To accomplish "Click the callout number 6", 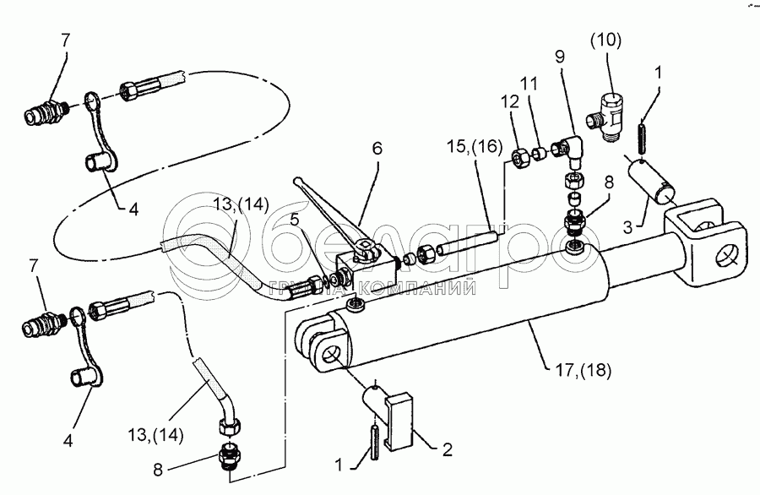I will [x=377, y=148].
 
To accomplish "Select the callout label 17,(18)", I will [x=584, y=369].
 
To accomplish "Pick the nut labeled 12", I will [x=521, y=157].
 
